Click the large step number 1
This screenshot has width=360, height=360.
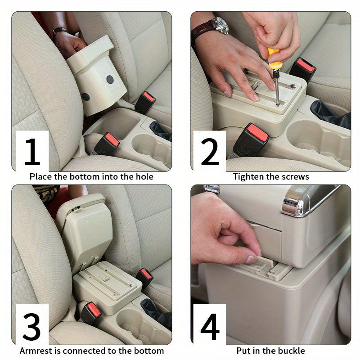click(x=32, y=152)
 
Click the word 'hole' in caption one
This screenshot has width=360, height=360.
click(x=144, y=177)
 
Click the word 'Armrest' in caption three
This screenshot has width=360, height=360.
click(x=36, y=351)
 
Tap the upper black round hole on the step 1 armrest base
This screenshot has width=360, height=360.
click(x=110, y=80)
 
